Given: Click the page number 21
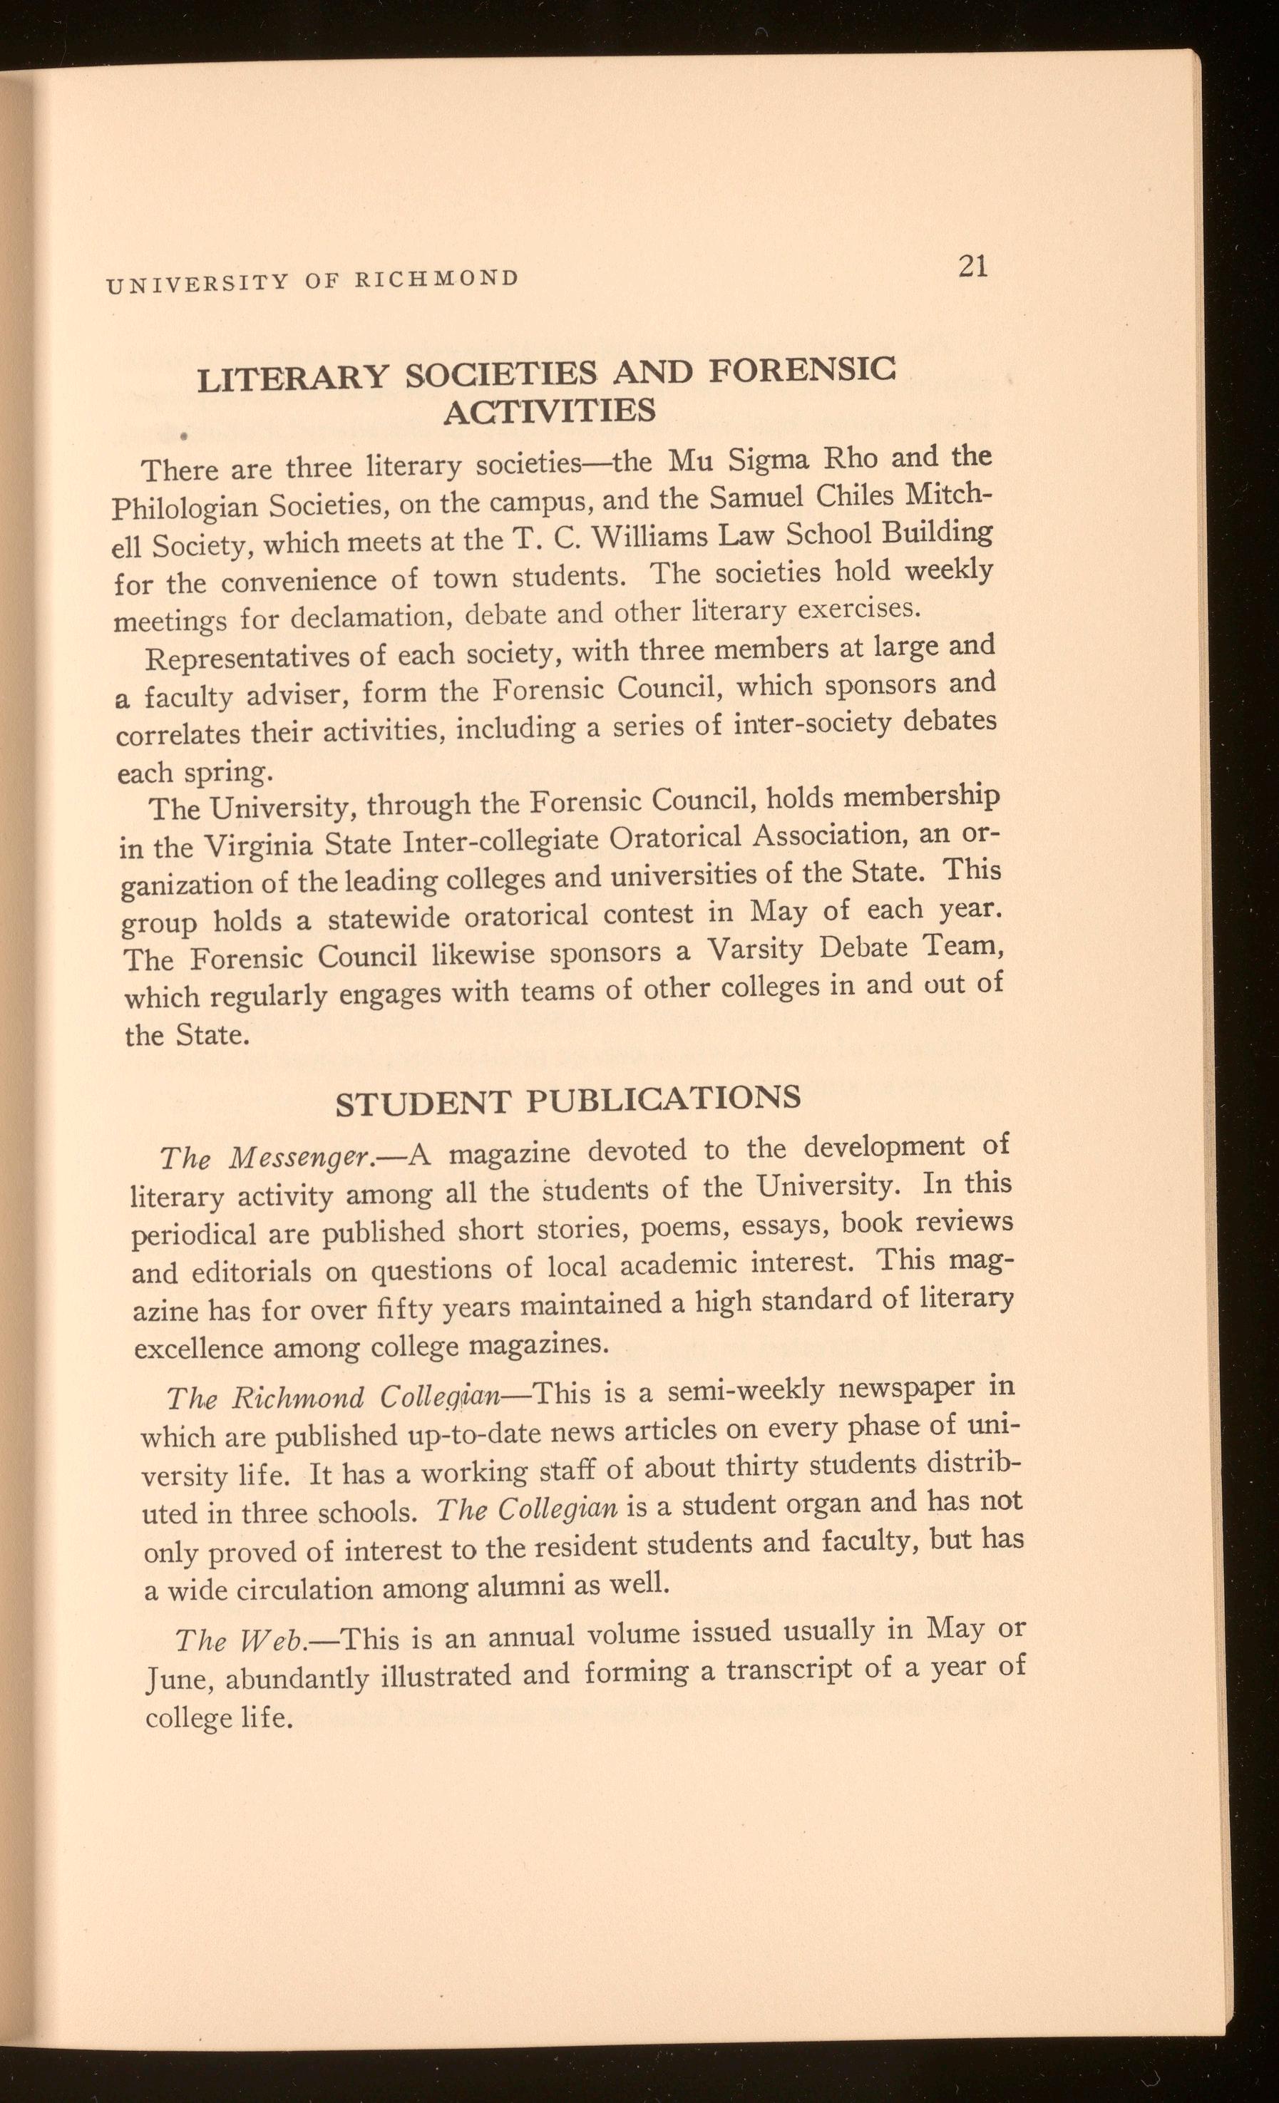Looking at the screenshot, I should (973, 267).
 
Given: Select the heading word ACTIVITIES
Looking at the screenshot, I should (550, 412).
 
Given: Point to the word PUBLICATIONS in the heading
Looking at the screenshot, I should (662, 1098).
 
